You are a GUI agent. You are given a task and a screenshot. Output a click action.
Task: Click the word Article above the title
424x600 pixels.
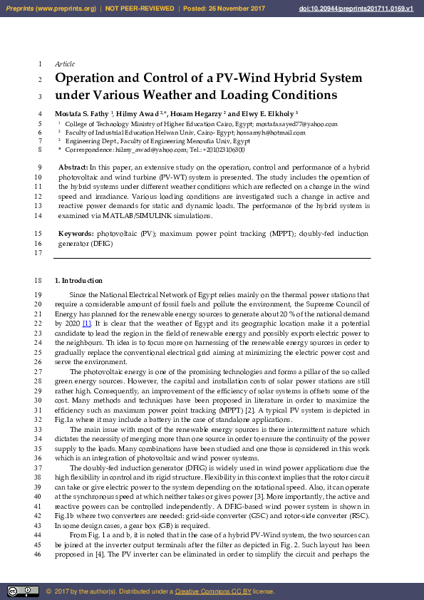[65, 64]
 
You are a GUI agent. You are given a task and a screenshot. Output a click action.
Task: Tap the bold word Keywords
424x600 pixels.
[75, 233]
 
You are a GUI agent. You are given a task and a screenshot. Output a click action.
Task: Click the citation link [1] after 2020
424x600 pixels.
[86, 323]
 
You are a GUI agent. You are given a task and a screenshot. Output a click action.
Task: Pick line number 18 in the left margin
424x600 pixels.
[38, 281]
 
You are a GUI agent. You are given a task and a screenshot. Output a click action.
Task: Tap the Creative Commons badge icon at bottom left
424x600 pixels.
[23, 591]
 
